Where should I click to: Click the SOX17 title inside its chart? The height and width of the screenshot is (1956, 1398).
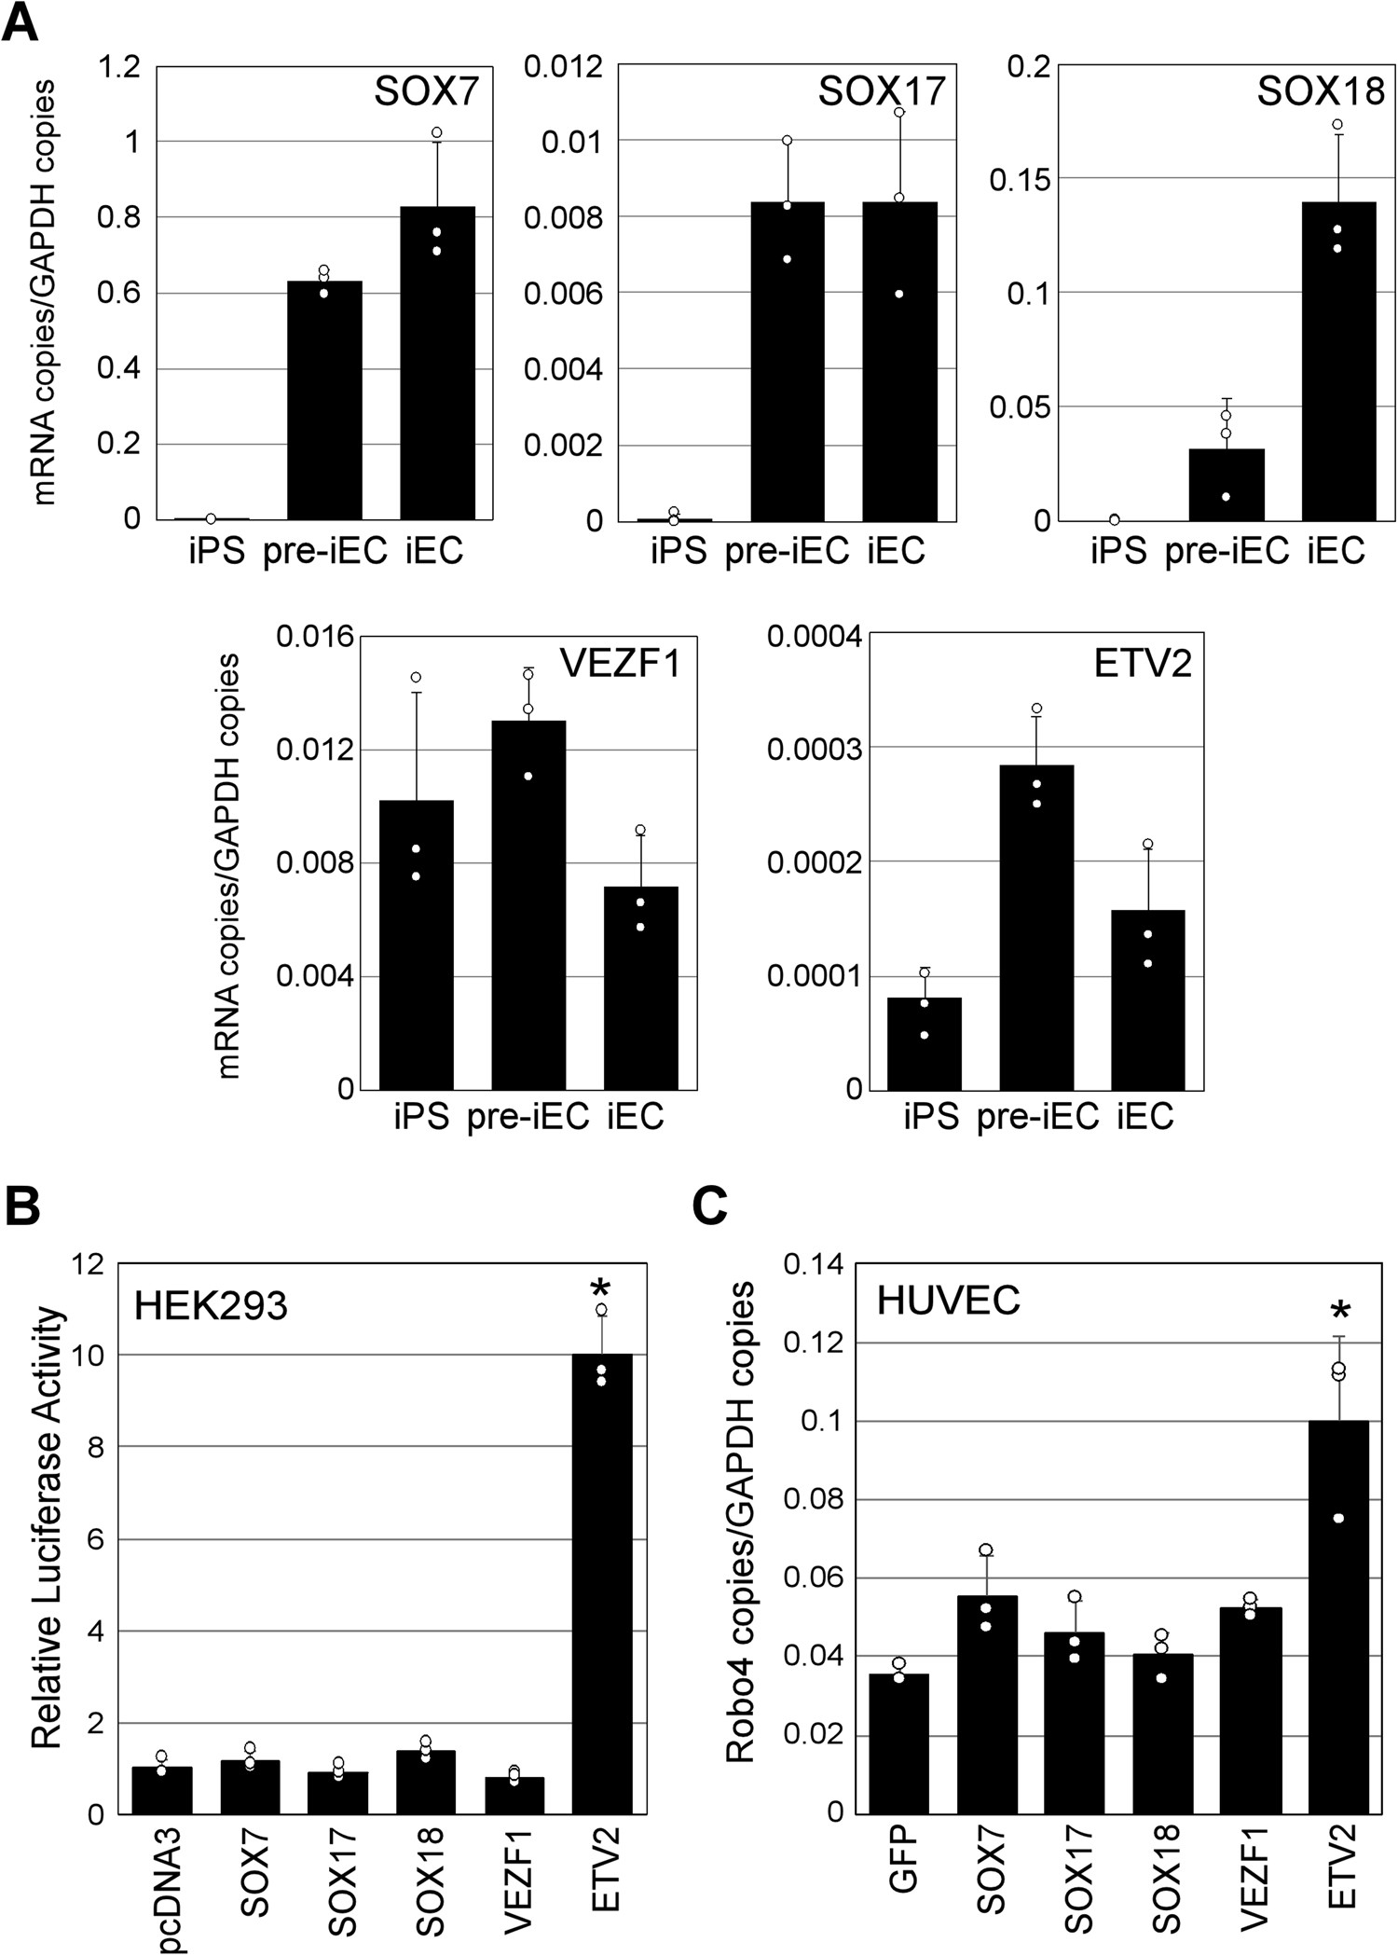coord(882,91)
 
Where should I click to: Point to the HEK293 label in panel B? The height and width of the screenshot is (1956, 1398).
coord(211,1305)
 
